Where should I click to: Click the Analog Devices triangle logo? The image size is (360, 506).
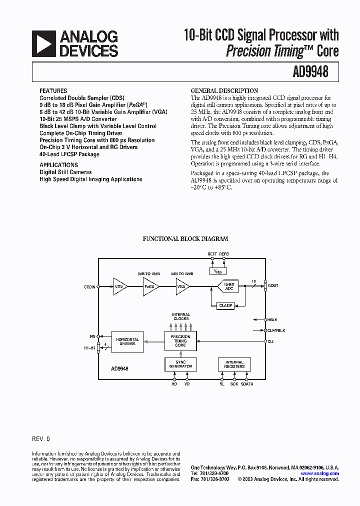tap(43, 43)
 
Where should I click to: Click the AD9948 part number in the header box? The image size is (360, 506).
tap(310, 71)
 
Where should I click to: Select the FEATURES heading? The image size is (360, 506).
tap(53, 91)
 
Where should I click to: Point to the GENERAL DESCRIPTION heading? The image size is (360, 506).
tap(224, 91)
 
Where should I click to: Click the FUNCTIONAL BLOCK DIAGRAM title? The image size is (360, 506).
tap(185, 239)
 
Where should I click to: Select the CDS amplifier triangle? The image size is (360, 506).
tap(119, 286)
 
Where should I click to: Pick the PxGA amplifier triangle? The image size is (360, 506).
tap(150, 286)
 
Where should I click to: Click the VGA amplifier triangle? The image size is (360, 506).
tap(182, 286)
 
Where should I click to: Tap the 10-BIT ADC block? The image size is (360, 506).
tap(229, 286)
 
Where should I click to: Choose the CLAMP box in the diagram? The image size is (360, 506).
tap(225, 305)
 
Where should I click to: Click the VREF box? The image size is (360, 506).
tap(218, 271)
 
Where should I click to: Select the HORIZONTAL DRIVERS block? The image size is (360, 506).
tap(127, 341)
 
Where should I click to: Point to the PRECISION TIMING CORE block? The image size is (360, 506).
tap(180, 341)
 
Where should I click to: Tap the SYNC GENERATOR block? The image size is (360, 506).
tap(180, 364)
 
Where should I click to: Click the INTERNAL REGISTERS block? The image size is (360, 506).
tap(234, 364)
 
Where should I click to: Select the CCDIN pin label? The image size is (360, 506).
tap(90, 287)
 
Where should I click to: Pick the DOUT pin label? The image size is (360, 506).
tap(273, 285)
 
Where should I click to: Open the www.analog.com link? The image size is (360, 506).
tap(319, 473)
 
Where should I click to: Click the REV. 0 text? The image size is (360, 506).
tap(41, 439)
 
